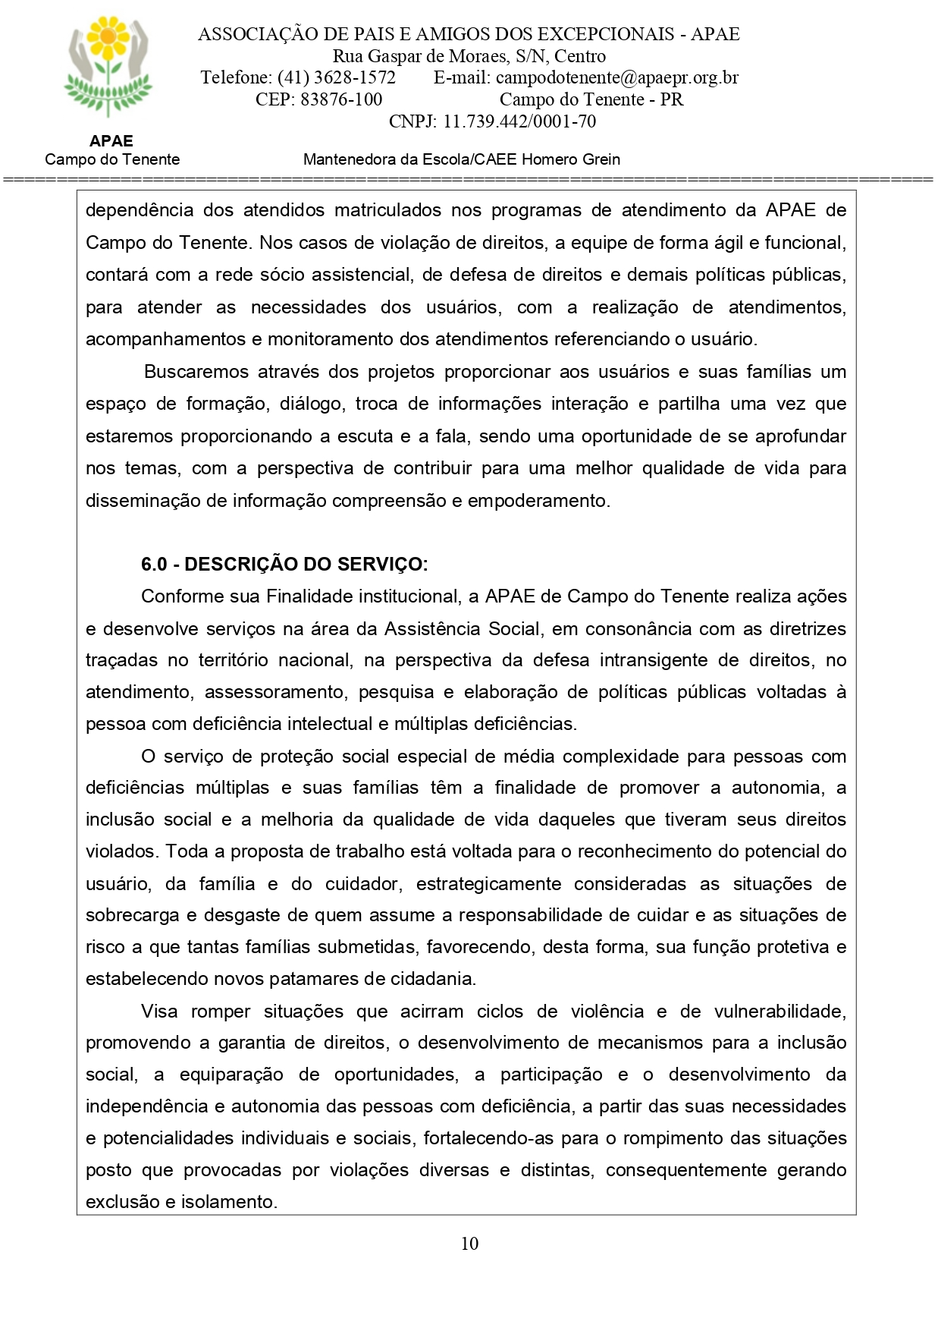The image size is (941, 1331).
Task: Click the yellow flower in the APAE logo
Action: [x=108, y=38]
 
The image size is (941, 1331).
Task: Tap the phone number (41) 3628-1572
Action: [x=336, y=77]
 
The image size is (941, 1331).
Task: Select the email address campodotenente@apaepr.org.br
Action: [x=616, y=77]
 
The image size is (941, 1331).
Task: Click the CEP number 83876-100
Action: [x=341, y=99]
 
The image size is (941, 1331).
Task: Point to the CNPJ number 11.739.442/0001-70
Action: [x=519, y=121]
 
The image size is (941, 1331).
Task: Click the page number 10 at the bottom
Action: [x=469, y=1243]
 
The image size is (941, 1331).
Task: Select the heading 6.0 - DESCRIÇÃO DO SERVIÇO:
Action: [x=284, y=564]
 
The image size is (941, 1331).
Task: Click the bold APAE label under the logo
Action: [x=111, y=141]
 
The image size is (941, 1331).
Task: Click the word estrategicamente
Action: [x=488, y=884]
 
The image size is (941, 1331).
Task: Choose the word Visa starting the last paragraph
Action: [x=159, y=1012]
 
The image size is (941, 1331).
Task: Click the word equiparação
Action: [x=231, y=1075]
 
